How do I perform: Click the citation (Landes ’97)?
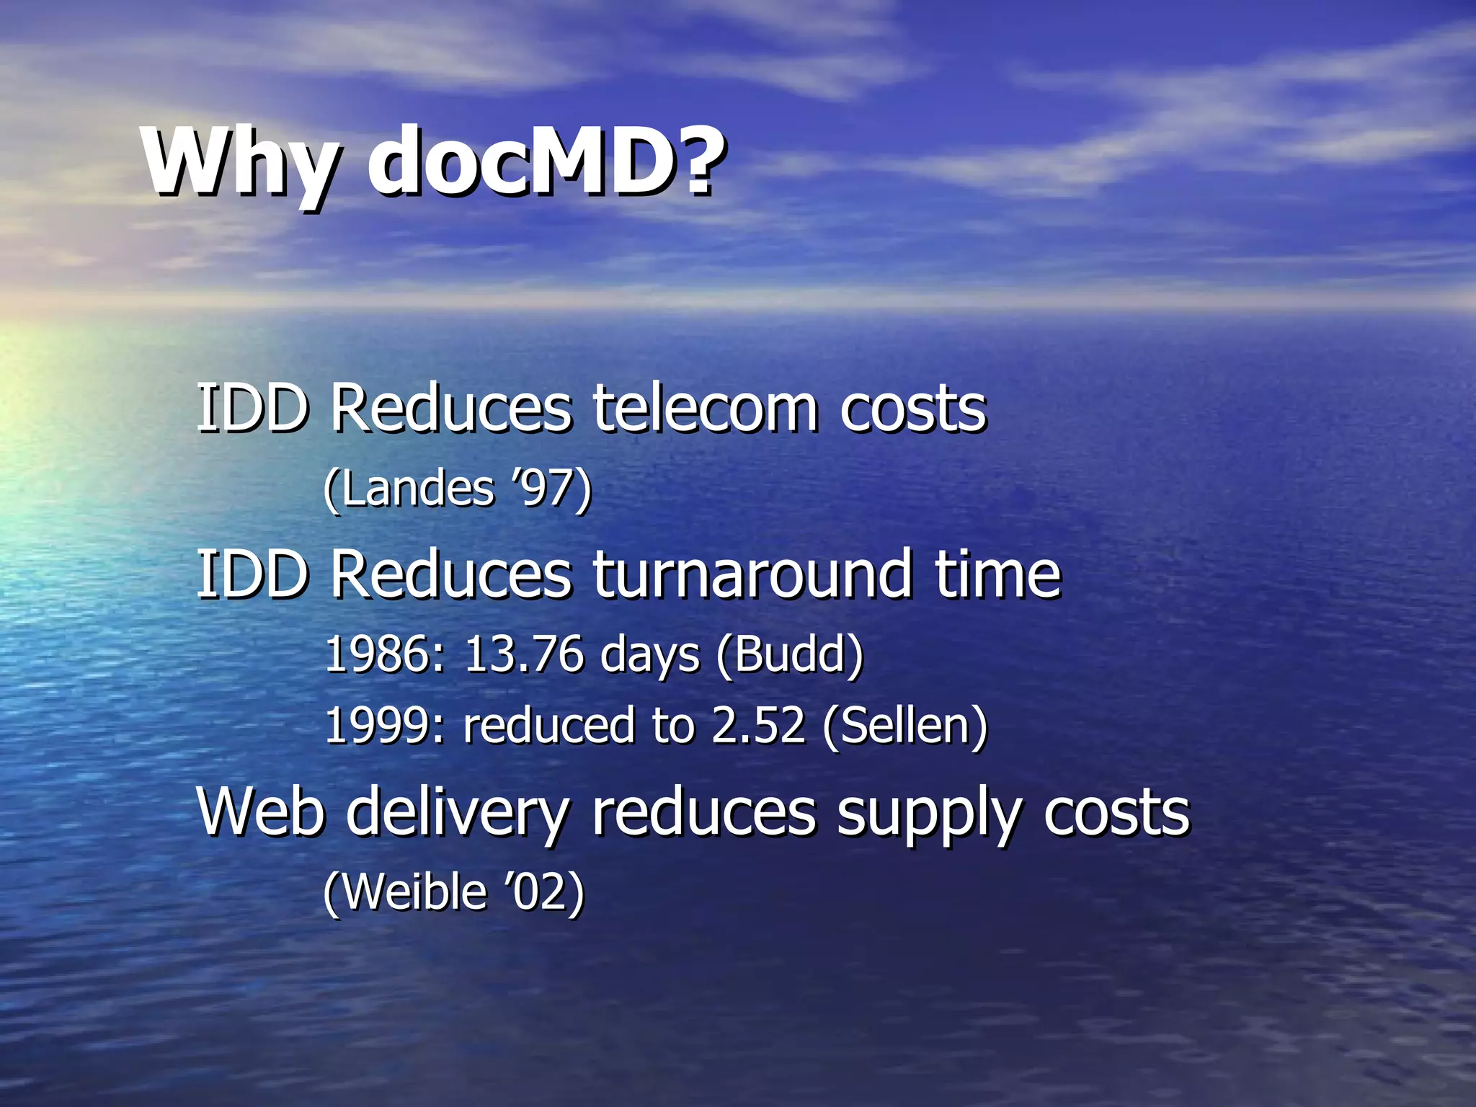(x=458, y=489)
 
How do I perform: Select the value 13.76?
(x=523, y=655)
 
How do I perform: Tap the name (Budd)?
(x=790, y=655)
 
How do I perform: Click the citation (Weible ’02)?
(x=454, y=892)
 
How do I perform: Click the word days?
(x=649, y=655)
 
